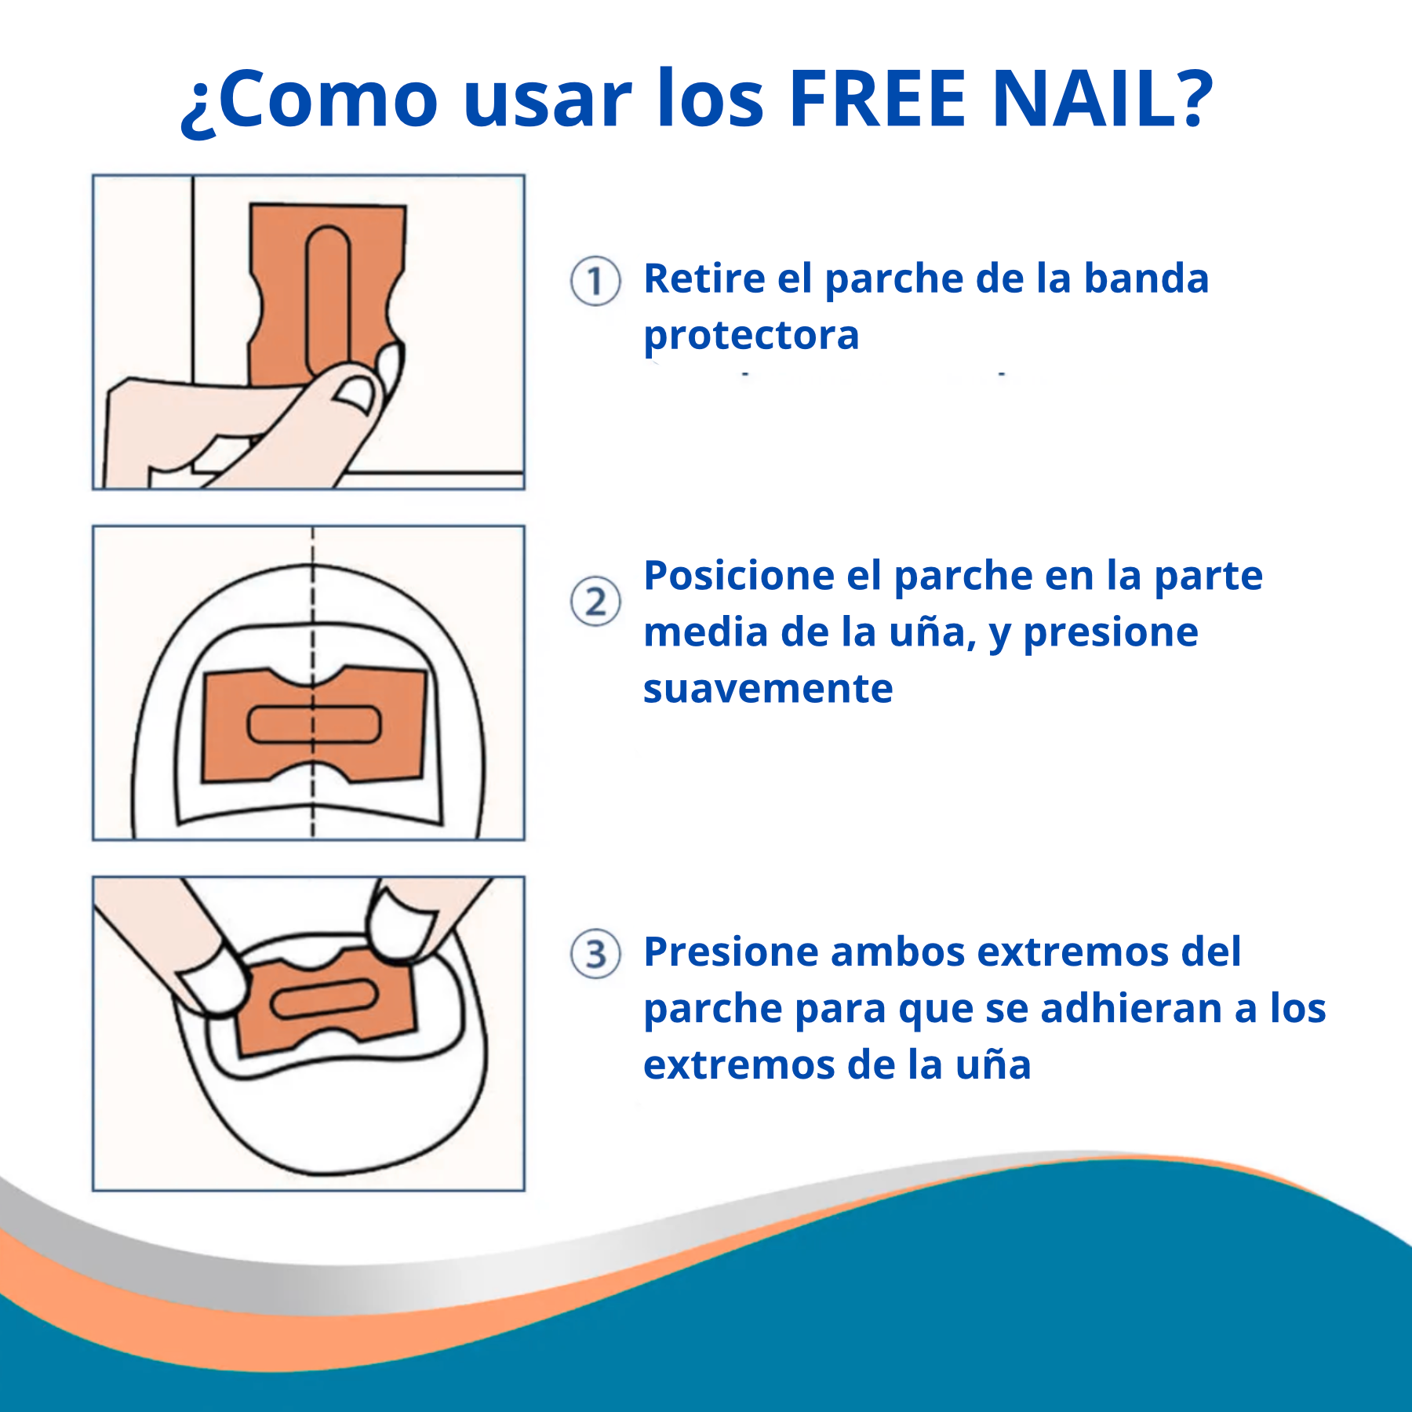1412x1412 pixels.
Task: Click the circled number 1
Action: coord(595,281)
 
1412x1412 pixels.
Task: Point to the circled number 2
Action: coord(595,602)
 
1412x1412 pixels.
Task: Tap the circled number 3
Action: coord(595,954)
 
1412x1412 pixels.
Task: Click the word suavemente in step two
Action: coord(768,689)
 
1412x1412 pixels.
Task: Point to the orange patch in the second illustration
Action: coord(314,725)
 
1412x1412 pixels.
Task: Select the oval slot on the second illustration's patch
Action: coord(314,725)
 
